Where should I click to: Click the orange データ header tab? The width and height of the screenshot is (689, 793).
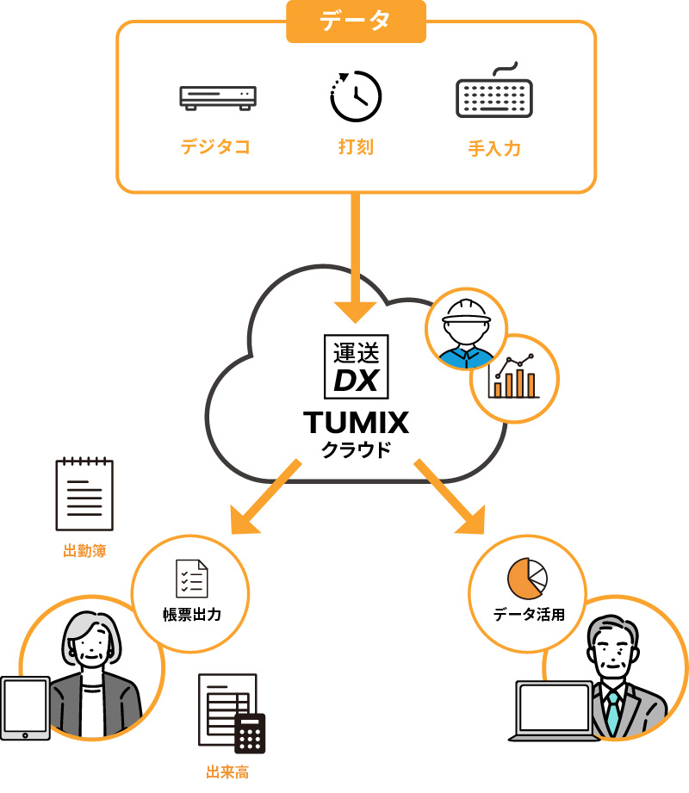click(357, 21)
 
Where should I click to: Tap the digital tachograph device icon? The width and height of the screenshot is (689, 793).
click(218, 96)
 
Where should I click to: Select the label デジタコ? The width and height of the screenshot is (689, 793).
click(215, 146)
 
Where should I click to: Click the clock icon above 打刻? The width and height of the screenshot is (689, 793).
click(355, 96)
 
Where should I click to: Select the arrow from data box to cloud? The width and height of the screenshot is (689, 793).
click(355, 258)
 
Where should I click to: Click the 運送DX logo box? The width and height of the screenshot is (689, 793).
click(355, 365)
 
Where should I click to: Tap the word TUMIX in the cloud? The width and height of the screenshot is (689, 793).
click(355, 423)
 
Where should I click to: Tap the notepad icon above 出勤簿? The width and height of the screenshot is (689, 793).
click(84, 494)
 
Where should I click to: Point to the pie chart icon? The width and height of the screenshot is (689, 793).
click(528, 578)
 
